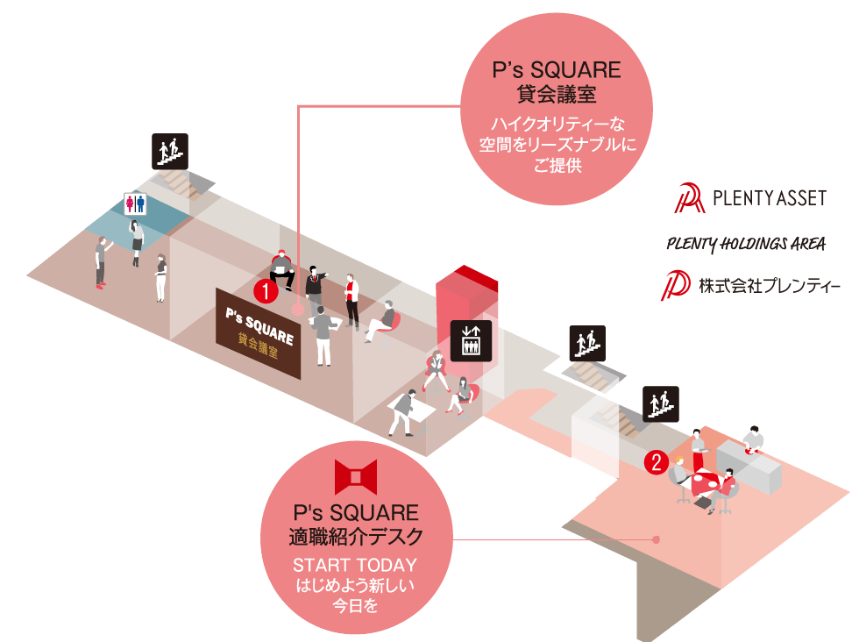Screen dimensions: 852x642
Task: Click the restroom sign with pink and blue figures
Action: pyautogui.click(x=135, y=203)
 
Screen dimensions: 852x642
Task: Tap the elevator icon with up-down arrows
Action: pyautogui.click(x=471, y=341)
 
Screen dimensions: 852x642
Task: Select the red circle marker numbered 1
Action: pyautogui.click(x=266, y=292)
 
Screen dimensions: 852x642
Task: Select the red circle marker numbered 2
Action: pyautogui.click(x=657, y=462)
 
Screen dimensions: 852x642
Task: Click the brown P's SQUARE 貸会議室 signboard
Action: pyautogui.click(x=258, y=333)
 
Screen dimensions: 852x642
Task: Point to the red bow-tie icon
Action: pyautogui.click(x=356, y=477)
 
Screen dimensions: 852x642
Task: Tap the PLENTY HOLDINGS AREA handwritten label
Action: pyautogui.click(x=746, y=244)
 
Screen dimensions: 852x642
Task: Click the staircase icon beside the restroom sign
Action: pyautogui.click(x=170, y=151)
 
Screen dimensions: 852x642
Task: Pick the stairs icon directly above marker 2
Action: pyautogui.click(x=661, y=404)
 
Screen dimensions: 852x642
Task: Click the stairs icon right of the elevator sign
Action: pyautogui.click(x=587, y=344)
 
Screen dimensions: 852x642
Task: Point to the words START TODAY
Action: pyautogui.click(x=355, y=566)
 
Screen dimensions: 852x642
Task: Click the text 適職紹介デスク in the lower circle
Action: pyautogui.click(x=356, y=537)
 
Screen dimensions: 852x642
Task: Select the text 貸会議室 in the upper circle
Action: pyautogui.click(x=557, y=95)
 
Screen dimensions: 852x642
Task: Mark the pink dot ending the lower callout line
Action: pyautogui.click(x=656, y=539)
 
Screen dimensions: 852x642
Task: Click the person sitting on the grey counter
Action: pyautogui.click(x=753, y=439)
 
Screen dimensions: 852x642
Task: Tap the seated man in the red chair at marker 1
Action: pyautogui.click(x=282, y=268)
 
